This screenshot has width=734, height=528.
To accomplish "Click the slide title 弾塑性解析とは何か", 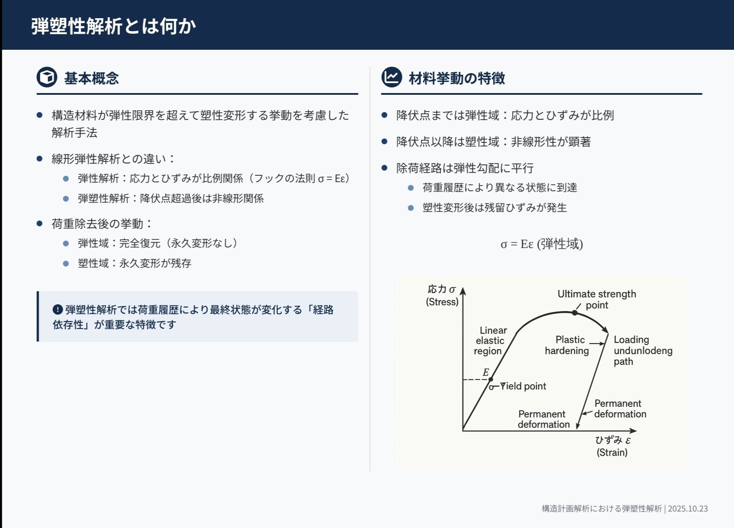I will (x=113, y=26).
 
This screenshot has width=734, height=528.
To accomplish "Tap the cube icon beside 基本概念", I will (x=47, y=77).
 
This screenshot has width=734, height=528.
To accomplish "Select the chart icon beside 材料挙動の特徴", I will (x=392, y=77).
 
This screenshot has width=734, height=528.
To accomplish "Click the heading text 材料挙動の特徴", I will (x=457, y=78).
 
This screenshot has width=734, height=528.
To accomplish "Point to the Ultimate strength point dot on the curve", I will (x=575, y=312).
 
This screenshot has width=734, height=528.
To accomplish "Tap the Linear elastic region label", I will (x=490, y=341).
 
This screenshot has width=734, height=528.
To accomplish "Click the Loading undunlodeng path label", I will (x=642, y=350).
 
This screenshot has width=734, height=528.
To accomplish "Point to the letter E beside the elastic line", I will (x=486, y=372).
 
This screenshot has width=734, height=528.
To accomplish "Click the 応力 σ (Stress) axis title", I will (x=442, y=295).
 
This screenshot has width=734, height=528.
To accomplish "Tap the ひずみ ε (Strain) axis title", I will (x=612, y=446).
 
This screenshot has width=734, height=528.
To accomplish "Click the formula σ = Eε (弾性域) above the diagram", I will (x=541, y=244).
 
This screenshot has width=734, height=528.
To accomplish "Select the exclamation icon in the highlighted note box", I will (x=58, y=309).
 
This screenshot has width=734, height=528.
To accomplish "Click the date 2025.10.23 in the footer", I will (x=688, y=509).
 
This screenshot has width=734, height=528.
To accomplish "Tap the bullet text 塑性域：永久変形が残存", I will (x=134, y=263).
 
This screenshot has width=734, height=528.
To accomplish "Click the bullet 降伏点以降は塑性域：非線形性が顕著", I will (x=493, y=142).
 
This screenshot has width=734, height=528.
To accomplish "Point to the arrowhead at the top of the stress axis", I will (x=463, y=291).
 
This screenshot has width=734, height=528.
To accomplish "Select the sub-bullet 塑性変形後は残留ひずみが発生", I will (x=494, y=207).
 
